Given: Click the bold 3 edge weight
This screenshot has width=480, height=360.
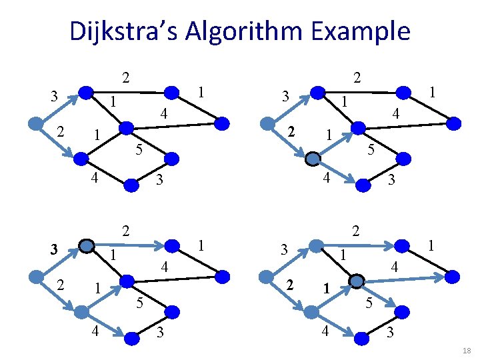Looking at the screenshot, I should (56, 249).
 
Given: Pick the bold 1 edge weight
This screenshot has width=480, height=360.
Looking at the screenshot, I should (327, 289).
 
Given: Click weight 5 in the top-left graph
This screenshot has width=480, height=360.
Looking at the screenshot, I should (138, 149).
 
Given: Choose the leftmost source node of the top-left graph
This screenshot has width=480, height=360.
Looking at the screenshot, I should (37, 123).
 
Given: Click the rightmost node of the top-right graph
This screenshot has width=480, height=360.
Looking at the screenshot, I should (453, 123).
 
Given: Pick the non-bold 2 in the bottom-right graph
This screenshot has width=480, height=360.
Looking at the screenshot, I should (357, 231).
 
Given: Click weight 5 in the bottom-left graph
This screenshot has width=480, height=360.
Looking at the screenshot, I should (139, 303).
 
